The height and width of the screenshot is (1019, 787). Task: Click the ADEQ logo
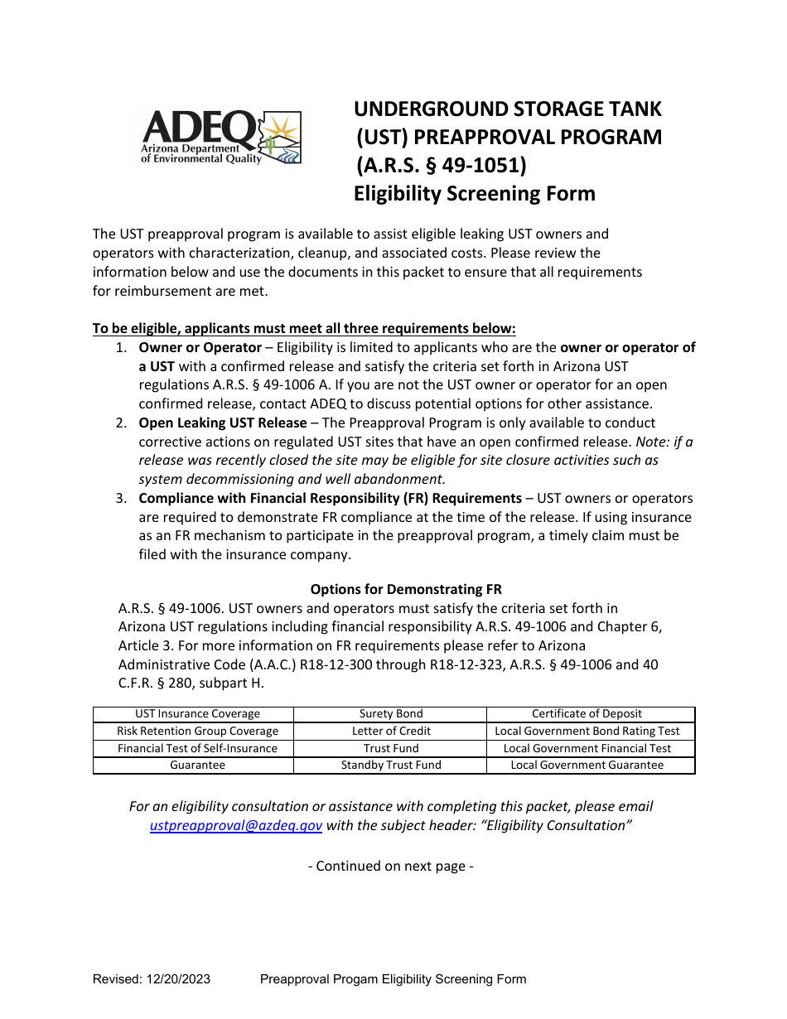pos(221,138)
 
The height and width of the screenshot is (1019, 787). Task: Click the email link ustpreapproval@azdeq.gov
pos(236,825)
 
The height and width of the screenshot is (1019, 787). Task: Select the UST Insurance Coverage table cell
pos(197,714)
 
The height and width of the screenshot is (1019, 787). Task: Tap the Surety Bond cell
pos(391,714)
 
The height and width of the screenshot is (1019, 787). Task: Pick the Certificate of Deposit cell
pos(587,714)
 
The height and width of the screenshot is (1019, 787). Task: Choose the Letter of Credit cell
pos(391,732)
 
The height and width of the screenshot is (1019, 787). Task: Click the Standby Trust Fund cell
pos(391,765)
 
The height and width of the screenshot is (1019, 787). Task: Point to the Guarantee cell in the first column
pos(197,765)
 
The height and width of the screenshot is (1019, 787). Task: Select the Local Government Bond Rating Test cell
pos(587,732)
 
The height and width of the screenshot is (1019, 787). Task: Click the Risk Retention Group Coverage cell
pos(197,732)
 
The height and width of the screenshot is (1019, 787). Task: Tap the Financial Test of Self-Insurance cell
pos(197,748)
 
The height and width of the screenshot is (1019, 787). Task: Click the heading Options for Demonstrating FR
pos(406,590)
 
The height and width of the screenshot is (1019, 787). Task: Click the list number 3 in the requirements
pos(121,499)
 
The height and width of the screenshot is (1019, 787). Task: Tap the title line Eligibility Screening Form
pos(475,194)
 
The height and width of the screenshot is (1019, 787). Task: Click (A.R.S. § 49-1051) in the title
pos(441,166)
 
